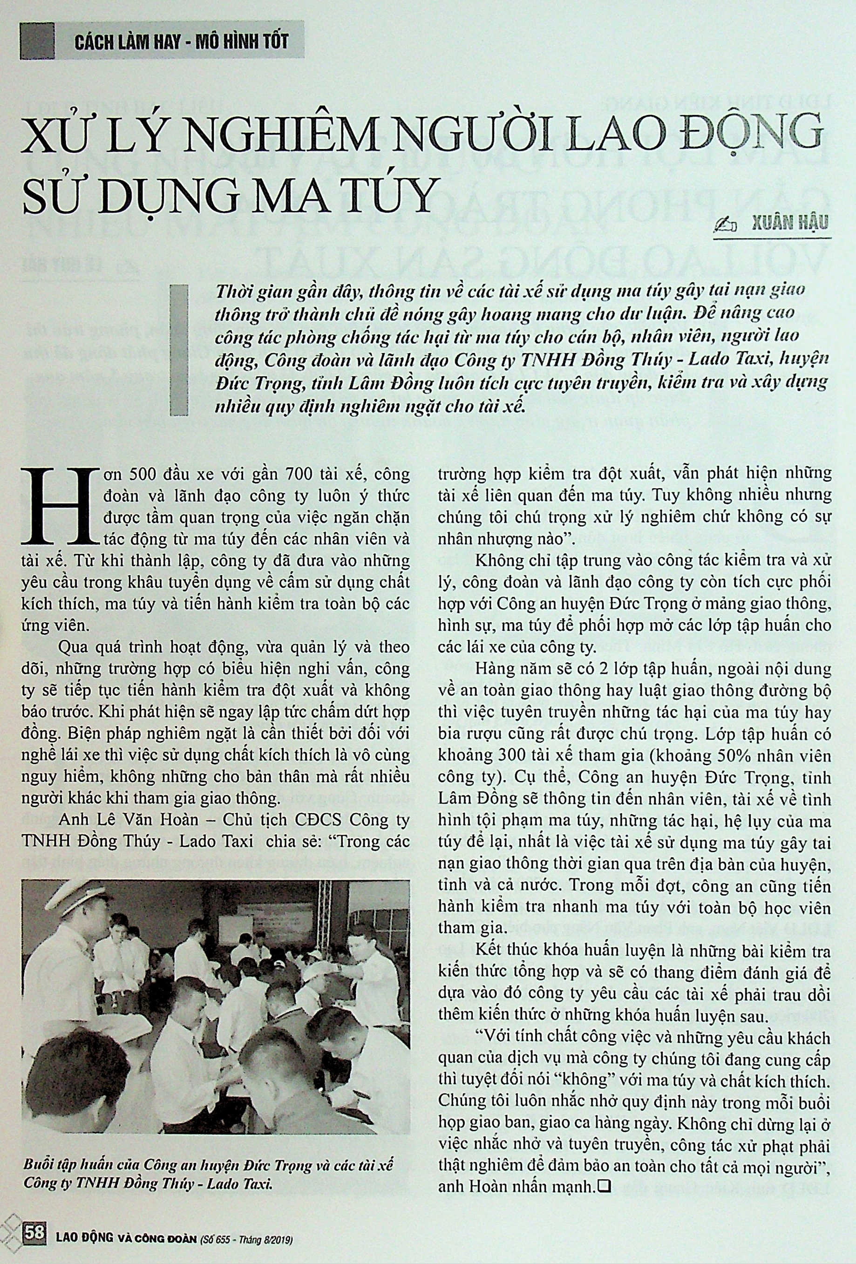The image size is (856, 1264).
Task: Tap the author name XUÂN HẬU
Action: point(788,224)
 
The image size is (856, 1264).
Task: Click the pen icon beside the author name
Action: point(727,225)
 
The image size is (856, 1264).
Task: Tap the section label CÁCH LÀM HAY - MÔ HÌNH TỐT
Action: point(181,42)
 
